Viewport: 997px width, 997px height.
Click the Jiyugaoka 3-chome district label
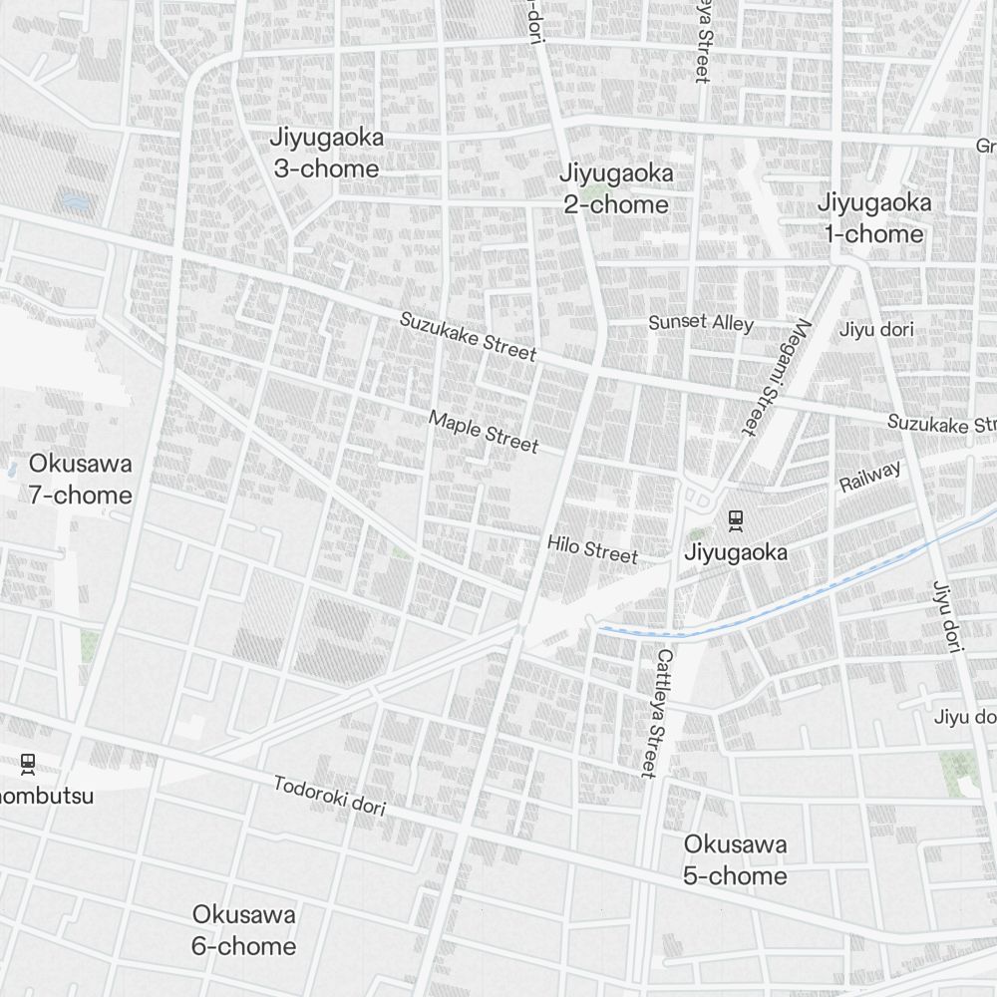coord(326,153)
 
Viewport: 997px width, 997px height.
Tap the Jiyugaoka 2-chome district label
coord(615,188)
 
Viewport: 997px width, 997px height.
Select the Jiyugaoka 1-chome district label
coord(874,218)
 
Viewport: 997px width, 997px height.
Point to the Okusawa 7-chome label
coord(80,480)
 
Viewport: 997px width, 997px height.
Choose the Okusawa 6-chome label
coord(243,930)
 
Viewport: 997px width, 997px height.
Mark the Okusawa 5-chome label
coord(735,860)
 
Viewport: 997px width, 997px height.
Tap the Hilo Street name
coord(591,548)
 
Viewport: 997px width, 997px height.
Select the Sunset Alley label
coord(701,322)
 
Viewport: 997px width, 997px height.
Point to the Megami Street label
coord(774,376)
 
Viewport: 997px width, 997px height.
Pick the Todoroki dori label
coord(329,796)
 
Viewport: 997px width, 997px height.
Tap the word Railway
coord(869,477)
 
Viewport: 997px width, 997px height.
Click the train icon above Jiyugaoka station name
coord(736,519)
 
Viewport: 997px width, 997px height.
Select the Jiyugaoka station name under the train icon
coord(736,552)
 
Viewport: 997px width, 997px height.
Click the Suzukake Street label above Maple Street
coord(468,336)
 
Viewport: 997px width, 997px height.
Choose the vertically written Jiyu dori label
coord(945,616)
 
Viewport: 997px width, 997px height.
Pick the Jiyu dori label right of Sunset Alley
coord(876,329)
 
